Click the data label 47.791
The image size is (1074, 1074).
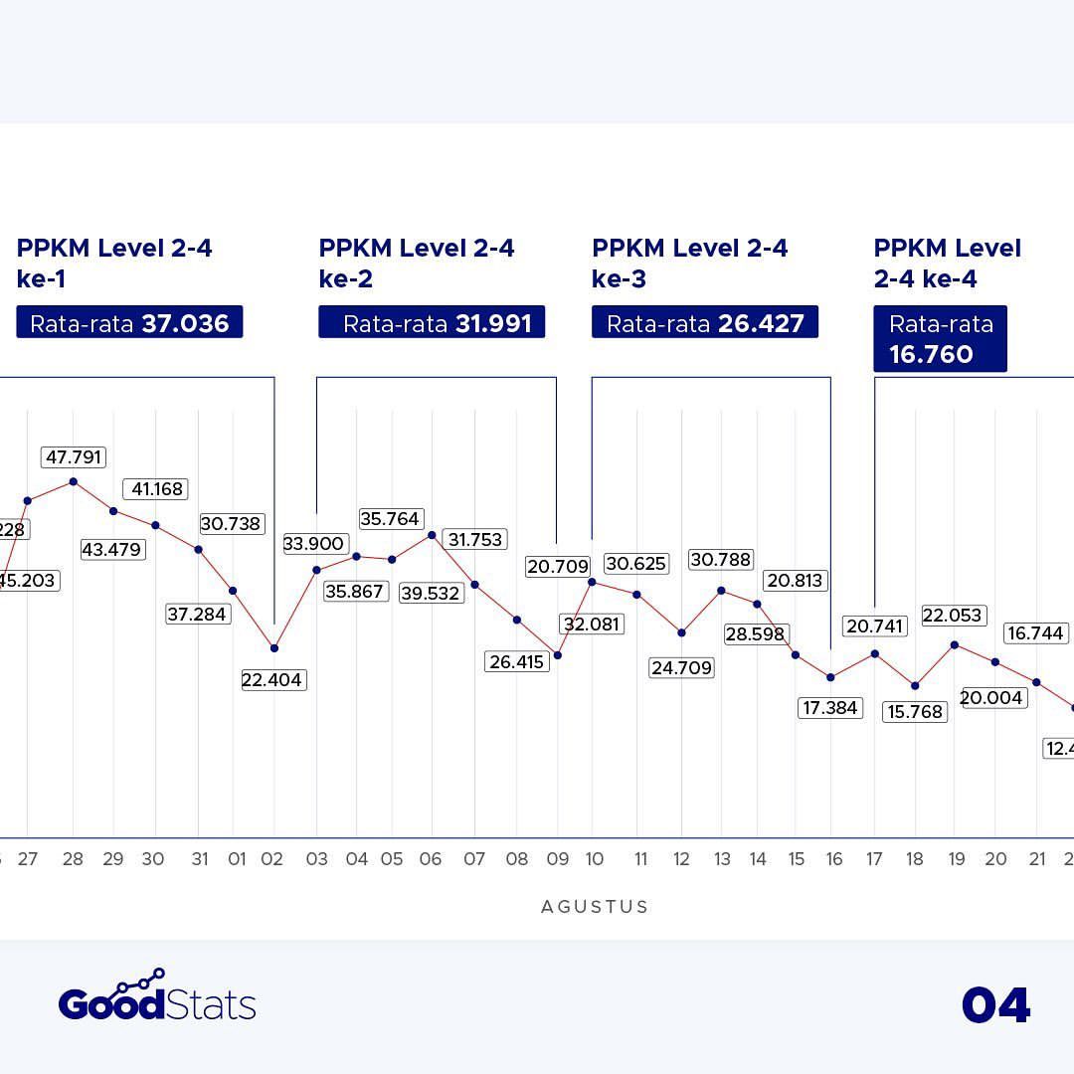click(74, 457)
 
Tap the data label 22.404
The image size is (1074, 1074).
click(272, 680)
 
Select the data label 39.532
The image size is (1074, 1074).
click(430, 594)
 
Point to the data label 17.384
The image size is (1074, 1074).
click(829, 708)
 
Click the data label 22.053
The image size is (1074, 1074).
click(952, 616)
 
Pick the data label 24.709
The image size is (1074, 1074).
click(681, 668)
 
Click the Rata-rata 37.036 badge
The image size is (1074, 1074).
click(129, 323)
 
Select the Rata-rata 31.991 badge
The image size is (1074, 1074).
click(432, 323)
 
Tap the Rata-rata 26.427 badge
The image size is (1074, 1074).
click(705, 323)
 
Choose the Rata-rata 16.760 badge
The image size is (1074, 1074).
click(940, 339)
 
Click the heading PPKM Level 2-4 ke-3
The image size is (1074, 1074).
click(689, 264)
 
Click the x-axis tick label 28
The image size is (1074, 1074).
click(73, 859)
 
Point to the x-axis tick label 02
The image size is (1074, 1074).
click(272, 859)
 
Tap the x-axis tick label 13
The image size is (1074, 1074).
click(721, 859)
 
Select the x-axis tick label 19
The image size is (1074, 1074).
click(956, 859)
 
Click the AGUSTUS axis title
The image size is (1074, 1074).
click(595, 907)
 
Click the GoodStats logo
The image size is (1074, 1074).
click(157, 997)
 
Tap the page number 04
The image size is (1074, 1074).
click(995, 1005)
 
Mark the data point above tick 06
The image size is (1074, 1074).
click(432, 535)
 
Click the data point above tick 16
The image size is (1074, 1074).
click(830, 677)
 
